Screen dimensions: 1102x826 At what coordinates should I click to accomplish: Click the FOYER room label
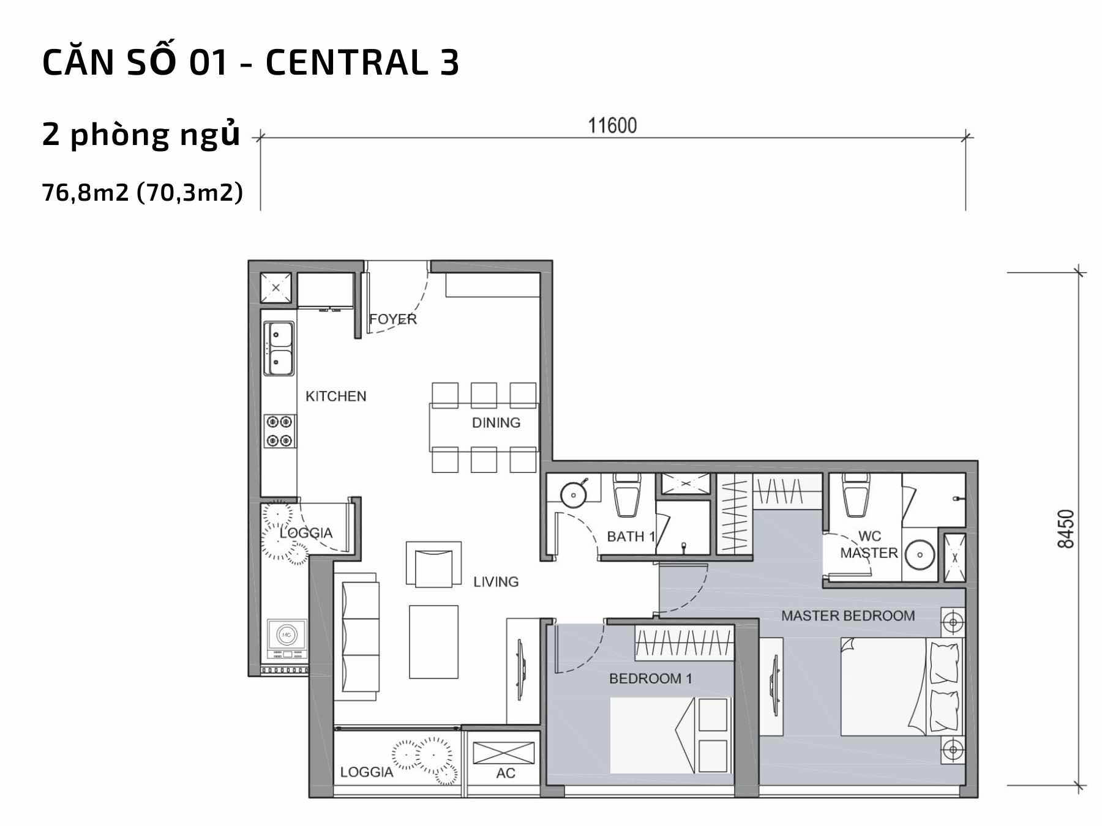coord(392,319)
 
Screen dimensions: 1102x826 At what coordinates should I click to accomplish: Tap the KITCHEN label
coord(336,396)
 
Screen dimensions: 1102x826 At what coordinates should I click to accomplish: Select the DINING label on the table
coord(496,423)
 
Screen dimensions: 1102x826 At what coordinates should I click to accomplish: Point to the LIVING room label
coord(496,582)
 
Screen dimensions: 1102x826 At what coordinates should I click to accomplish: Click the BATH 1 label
coord(631,537)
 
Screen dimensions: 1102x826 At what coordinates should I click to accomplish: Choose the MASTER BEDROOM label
coord(848,616)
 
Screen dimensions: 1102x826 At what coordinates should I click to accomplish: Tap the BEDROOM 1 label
coord(650,679)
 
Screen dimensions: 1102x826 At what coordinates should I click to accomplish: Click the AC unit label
coord(506,773)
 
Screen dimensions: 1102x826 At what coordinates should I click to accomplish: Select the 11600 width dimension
coord(612,125)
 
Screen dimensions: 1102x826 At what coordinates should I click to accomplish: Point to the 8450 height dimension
coord(1066,529)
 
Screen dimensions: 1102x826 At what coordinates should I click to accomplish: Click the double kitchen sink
coord(279,348)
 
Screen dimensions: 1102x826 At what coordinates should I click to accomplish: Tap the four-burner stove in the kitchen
coord(280,431)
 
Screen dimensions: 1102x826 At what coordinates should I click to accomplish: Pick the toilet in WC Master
coord(856,496)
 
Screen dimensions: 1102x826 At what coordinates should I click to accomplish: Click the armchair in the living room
coord(433,564)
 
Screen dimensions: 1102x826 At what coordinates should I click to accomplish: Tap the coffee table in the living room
coord(433,642)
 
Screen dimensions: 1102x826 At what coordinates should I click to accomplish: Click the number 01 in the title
coord(208,63)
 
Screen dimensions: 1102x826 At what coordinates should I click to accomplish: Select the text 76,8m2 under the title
coord(85,193)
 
